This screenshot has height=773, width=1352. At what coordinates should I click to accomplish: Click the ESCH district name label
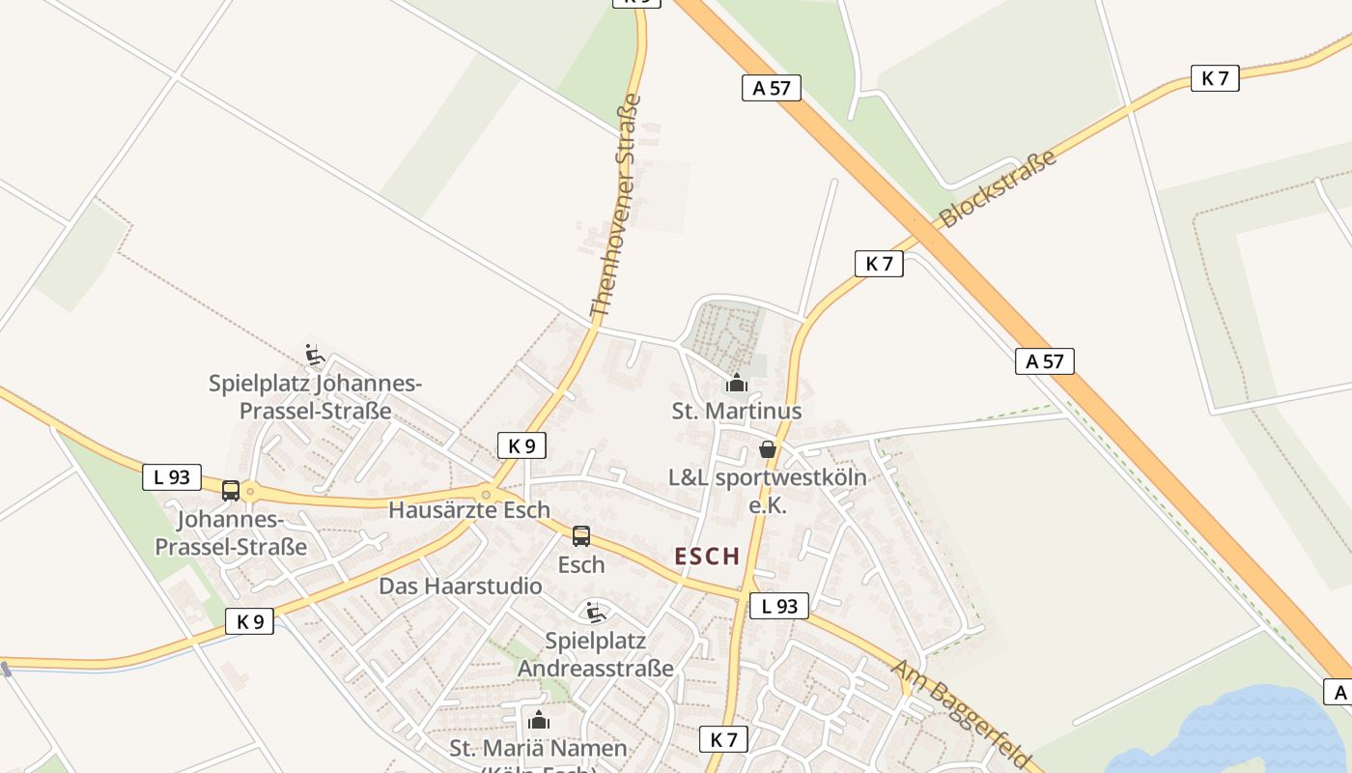click(708, 557)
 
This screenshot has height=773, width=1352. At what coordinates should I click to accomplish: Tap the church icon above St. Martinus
click(737, 384)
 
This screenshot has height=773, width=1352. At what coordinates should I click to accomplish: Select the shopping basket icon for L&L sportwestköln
click(768, 449)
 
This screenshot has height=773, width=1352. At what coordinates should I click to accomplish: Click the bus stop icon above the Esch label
click(581, 536)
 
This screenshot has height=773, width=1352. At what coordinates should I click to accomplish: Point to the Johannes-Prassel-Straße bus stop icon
click(231, 491)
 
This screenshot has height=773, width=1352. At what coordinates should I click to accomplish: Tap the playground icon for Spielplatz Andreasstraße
click(595, 612)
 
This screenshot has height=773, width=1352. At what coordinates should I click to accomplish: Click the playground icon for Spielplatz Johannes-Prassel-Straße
click(314, 356)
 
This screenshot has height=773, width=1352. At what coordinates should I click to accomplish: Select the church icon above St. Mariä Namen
click(539, 720)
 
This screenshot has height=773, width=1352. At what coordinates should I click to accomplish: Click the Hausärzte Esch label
click(469, 510)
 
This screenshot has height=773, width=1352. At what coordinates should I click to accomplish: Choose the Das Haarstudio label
click(461, 587)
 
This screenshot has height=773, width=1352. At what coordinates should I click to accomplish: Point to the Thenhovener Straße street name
click(615, 206)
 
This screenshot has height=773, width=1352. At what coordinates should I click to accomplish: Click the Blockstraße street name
click(998, 188)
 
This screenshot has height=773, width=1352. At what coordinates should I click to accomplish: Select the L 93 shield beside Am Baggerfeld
click(778, 606)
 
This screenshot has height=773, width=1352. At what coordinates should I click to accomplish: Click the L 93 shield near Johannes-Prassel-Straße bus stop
click(172, 476)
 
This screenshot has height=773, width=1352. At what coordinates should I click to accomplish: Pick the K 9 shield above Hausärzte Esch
click(521, 445)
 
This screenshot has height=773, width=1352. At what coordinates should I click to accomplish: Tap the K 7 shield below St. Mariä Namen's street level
click(723, 740)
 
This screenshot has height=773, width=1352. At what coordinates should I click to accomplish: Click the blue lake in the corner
click(1246, 734)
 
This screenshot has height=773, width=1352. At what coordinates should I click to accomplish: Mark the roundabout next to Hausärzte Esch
click(487, 495)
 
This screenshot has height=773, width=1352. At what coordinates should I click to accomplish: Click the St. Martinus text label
click(737, 411)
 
